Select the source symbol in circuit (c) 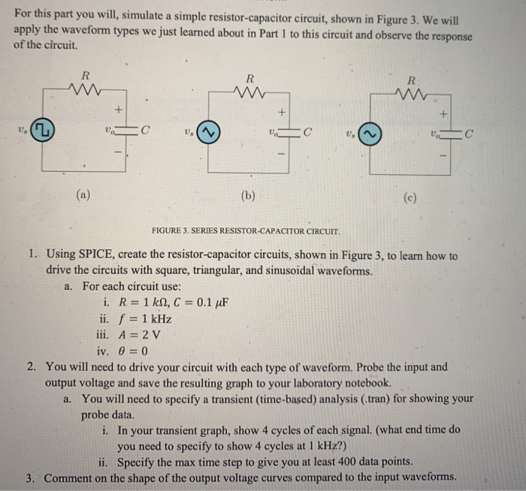click(x=370, y=134)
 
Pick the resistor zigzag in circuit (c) click(x=410, y=96)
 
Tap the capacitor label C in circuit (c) click(x=469, y=136)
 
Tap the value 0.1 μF click(x=210, y=303)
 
